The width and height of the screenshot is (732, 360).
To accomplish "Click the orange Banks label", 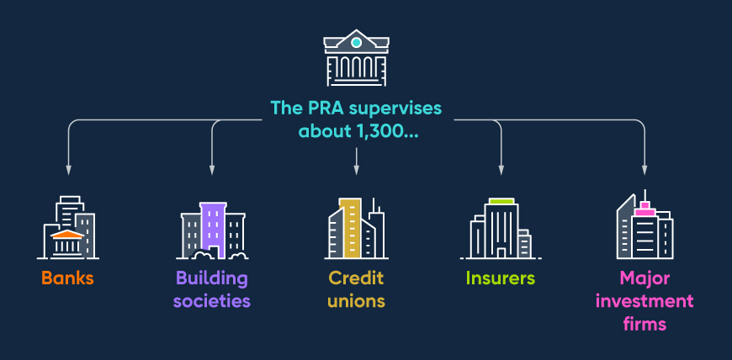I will point(67,278).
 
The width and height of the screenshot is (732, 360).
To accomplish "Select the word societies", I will point(212,300).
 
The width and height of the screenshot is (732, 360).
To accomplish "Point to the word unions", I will point(356,300).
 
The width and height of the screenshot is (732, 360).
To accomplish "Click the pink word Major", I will point(644,279).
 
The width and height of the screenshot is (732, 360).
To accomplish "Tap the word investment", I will point(644,300).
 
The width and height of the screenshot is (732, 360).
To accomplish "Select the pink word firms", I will point(644,322).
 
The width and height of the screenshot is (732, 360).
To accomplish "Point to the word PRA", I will point(323,109).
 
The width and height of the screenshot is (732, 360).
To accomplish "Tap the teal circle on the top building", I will point(356,42).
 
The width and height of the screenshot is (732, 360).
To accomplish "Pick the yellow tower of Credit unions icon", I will point(350,227).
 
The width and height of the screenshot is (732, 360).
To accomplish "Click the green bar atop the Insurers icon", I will point(501,202).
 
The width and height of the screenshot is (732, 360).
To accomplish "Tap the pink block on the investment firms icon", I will point(645,211).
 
